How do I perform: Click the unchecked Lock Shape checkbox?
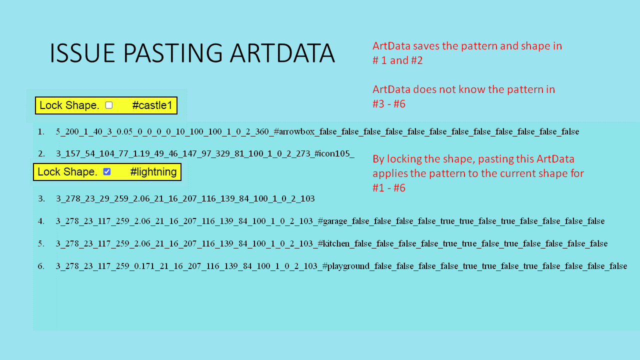click(109, 105)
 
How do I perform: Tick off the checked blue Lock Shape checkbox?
click(107, 171)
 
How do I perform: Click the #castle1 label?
click(152, 105)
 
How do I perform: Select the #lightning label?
click(153, 172)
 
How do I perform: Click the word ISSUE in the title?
click(82, 53)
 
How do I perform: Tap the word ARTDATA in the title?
click(282, 53)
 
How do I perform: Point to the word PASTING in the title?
click(172, 53)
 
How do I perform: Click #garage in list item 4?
click(332, 221)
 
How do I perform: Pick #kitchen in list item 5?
click(333, 243)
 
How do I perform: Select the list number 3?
click(41, 199)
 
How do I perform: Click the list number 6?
click(41, 266)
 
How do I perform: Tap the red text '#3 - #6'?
click(389, 104)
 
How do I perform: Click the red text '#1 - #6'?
click(389, 188)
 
